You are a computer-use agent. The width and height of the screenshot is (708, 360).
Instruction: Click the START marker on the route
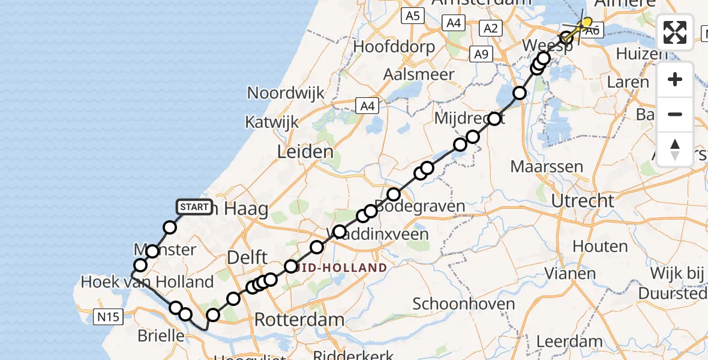(x=194, y=208)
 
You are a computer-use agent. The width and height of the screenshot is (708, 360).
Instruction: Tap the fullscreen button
(x=675, y=32)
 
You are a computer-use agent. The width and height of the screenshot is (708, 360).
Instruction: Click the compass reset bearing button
(x=675, y=149)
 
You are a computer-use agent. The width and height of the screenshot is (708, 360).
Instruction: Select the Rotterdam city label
(x=299, y=319)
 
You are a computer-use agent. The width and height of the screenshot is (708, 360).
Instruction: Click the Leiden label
(x=305, y=151)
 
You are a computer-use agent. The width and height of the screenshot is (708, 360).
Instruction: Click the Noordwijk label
(x=286, y=93)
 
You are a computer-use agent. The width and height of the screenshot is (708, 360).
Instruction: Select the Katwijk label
(x=272, y=122)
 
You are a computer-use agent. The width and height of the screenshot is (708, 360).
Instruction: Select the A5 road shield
(x=412, y=16)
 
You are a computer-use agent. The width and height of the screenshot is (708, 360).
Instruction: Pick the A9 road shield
(x=480, y=55)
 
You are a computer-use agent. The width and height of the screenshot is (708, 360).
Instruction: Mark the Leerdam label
(x=569, y=342)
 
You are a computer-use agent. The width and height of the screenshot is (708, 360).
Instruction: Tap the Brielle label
(x=161, y=336)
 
